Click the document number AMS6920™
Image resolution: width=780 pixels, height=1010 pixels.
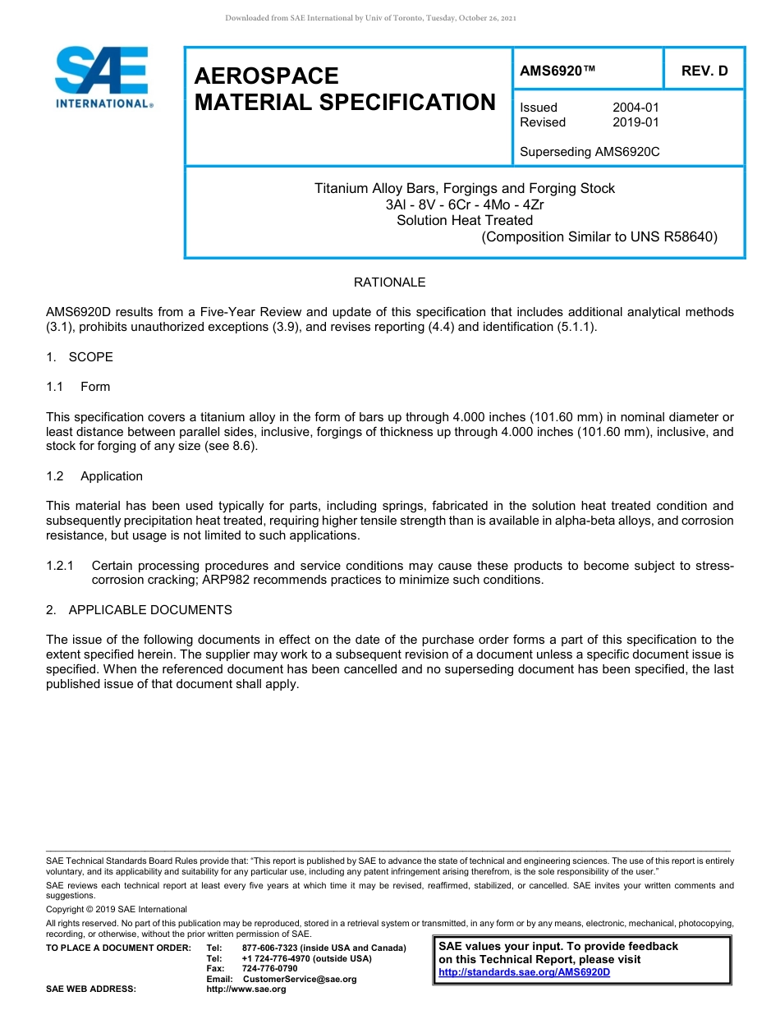click(x=557, y=71)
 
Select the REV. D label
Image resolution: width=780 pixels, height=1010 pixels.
click(x=704, y=71)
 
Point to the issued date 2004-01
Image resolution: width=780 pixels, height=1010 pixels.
click(x=635, y=108)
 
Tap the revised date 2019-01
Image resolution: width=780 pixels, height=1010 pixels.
click(x=635, y=122)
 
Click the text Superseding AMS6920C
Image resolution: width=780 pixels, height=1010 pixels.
click(x=590, y=152)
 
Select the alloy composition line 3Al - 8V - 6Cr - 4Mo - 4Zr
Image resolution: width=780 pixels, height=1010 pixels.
click(x=464, y=204)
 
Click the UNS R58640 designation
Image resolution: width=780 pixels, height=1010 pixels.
click(x=673, y=236)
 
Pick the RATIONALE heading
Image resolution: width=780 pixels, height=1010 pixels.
click(x=389, y=282)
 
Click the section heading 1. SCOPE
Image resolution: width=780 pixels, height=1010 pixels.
click(x=80, y=357)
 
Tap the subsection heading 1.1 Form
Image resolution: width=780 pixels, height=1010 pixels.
click(x=78, y=387)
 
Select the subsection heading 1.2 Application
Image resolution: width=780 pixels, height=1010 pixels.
click(x=94, y=476)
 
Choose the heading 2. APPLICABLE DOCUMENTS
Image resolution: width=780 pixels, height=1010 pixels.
click(x=139, y=610)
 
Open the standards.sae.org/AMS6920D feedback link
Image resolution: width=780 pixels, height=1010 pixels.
click(x=524, y=972)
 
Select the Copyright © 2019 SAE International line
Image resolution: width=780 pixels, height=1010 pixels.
click(x=117, y=909)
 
